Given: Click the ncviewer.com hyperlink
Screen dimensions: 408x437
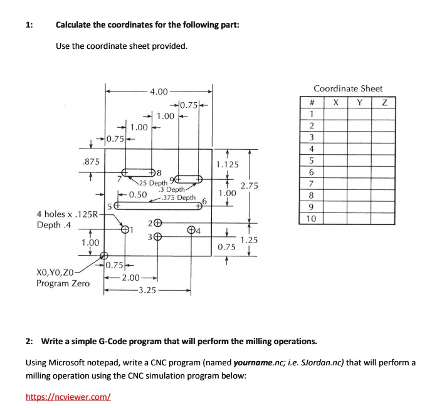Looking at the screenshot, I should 68,396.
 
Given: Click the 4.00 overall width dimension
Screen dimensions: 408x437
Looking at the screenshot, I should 159,92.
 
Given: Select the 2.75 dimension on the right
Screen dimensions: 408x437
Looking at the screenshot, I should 250,186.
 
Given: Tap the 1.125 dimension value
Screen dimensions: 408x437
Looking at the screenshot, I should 227,165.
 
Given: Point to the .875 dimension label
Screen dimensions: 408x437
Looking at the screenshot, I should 92,162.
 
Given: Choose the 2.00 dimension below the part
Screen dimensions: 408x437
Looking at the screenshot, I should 131,278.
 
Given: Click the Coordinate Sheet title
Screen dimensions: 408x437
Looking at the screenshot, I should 348,89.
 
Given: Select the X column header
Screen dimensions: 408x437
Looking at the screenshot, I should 336,103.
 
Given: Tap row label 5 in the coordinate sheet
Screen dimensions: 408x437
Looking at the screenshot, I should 312,160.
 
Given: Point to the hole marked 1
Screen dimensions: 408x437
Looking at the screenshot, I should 124,230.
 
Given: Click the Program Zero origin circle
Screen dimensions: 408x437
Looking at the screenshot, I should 105,256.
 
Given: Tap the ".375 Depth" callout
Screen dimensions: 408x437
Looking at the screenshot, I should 178,197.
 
